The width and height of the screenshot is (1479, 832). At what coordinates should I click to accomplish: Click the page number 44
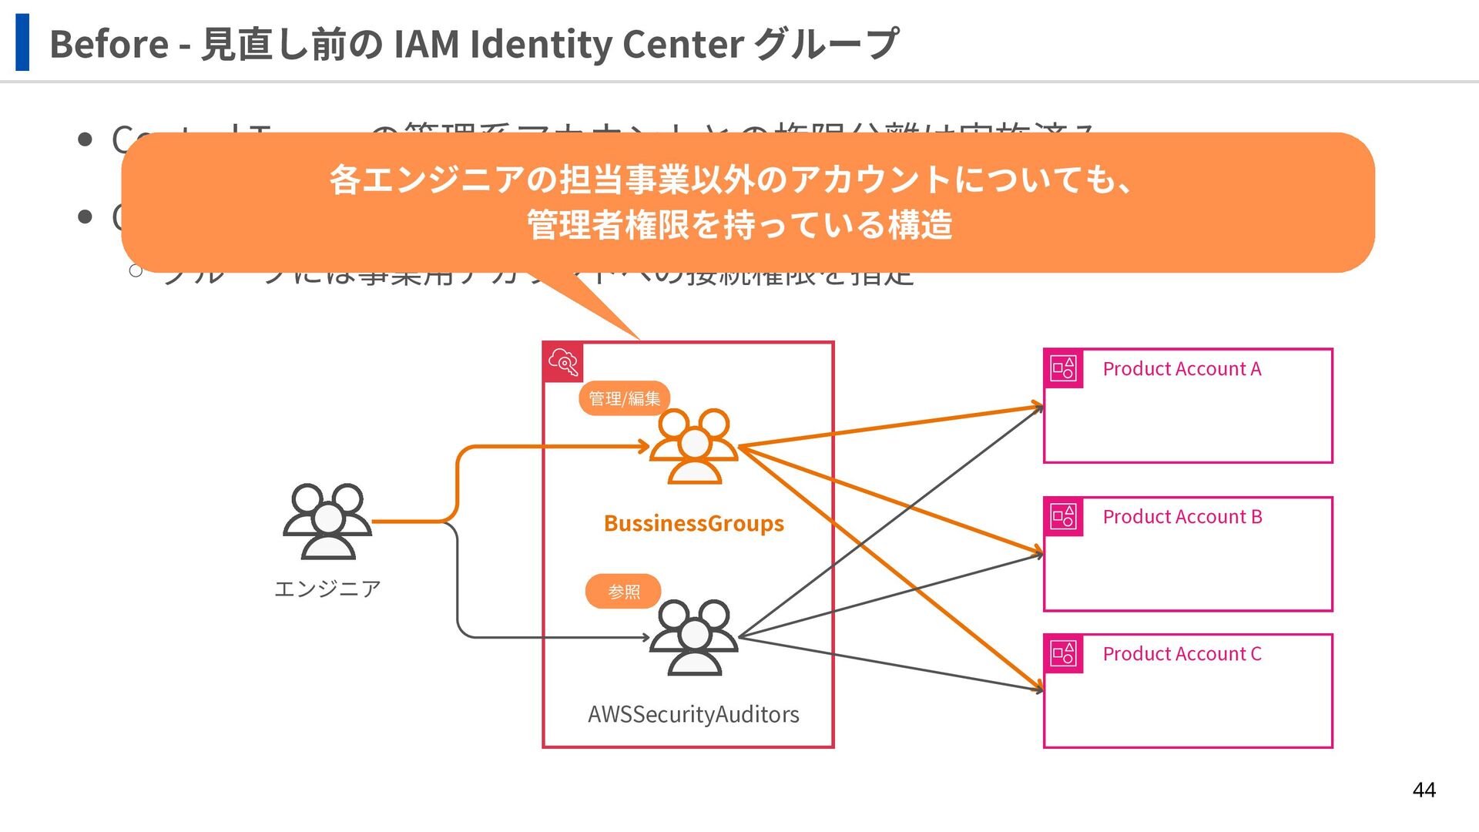[x=1424, y=790]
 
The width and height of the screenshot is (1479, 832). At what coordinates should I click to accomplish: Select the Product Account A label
[x=1182, y=369]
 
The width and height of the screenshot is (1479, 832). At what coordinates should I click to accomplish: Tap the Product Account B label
[x=1182, y=517]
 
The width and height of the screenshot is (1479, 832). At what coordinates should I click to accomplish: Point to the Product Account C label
[x=1182, y=654]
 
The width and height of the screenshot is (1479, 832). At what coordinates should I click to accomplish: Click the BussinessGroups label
[x=693, y=524]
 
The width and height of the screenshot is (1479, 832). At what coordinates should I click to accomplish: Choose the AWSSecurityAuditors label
[x=693, y=715]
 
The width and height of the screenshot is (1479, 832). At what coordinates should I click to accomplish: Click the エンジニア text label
[x=327, y=589]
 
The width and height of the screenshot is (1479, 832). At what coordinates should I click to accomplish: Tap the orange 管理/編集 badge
[x=624, y=398]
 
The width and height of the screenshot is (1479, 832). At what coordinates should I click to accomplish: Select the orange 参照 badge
[x=623, y=592]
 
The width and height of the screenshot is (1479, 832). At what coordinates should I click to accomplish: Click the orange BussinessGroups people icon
[x=694, y=446]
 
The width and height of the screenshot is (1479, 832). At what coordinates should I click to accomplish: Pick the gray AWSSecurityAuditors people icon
[x=694, y=638]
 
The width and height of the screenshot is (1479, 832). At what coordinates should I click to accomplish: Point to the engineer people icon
[x=327, y=522]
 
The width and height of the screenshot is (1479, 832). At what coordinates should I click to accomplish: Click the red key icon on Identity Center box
[x=563, y=362]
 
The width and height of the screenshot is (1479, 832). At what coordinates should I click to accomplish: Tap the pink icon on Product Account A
[x=1063, y=368]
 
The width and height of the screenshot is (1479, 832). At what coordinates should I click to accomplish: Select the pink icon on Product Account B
[x=1063, y=516]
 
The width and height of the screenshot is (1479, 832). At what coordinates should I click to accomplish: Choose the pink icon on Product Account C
[x=1063, y=653]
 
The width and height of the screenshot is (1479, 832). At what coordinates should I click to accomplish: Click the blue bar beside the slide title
[x=22, y=42]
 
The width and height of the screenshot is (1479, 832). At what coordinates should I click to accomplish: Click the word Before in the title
[x=109, y=44]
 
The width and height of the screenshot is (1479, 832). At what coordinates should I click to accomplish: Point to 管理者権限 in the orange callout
[x=609, y=225]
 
